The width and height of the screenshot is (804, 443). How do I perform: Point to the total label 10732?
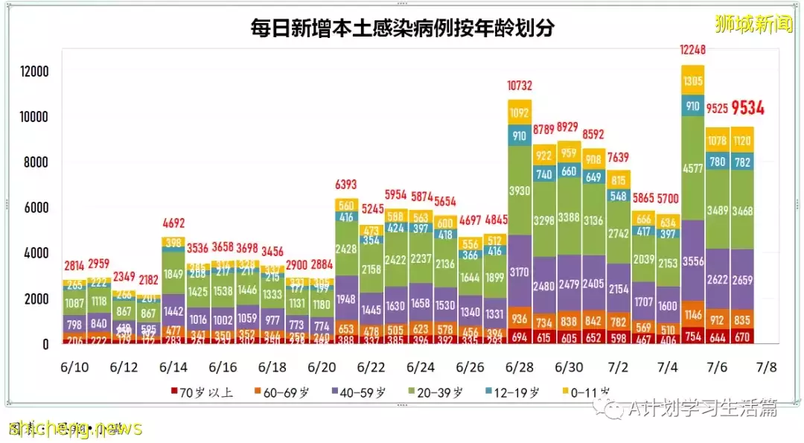519,85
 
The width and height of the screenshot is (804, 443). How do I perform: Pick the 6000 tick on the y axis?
36,208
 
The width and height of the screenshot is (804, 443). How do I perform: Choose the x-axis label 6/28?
519,367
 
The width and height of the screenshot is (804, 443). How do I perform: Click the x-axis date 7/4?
668,367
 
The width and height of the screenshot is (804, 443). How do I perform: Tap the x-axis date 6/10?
74,367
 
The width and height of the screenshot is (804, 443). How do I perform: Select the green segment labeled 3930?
519,191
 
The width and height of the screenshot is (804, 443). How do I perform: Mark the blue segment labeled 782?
742,162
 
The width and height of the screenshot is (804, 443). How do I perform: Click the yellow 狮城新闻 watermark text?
753,24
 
